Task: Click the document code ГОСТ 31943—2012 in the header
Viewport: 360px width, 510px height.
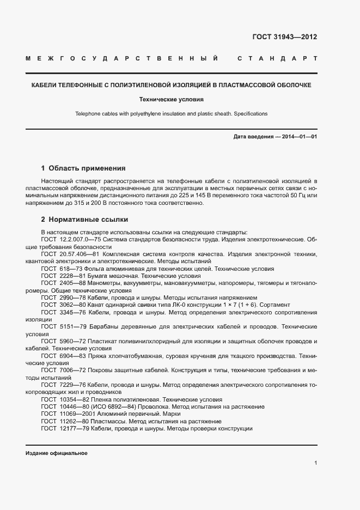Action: [x=284, y=37]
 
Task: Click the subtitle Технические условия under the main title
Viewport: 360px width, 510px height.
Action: [x=180, y=100]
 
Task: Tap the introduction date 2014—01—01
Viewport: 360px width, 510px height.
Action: [x=297, y=137]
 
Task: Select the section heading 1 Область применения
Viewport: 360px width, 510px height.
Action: [x=83, y=168]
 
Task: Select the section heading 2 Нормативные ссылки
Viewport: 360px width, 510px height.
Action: [x=84, y=220]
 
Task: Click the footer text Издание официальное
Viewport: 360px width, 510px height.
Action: [x=56, y=453]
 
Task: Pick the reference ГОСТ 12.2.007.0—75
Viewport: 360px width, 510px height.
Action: [x=71, y=239]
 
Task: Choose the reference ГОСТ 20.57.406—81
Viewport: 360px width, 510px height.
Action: [x=70, y=254]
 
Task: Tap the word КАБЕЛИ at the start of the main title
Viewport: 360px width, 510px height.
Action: [x=45, y=86]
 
